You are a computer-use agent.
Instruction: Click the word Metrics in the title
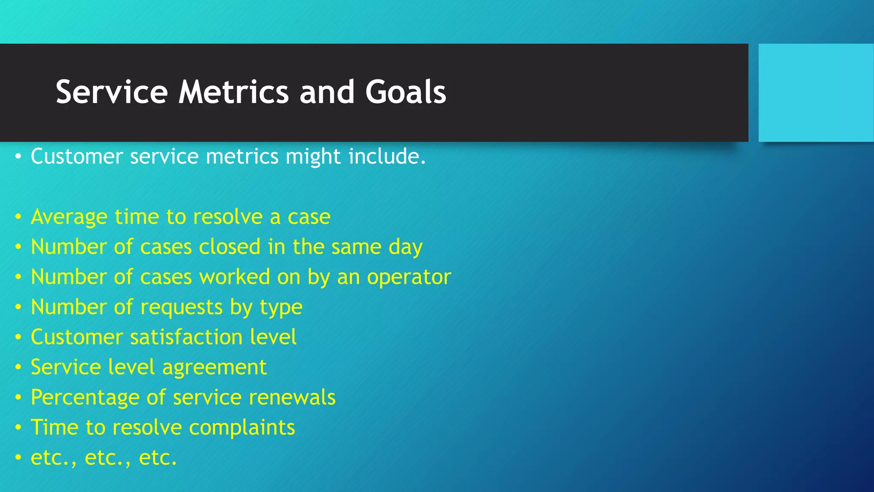pos(233,92)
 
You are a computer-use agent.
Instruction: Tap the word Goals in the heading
pos(405,92)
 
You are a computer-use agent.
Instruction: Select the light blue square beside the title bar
pos(816,93)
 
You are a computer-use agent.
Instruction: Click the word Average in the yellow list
pos(69,217)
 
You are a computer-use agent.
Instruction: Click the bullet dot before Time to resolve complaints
pos(18,428)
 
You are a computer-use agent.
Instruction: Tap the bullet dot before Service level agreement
pos(18,367)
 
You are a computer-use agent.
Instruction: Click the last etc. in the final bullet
pos(157,458)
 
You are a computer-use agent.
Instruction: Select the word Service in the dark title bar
pos(112,92)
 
